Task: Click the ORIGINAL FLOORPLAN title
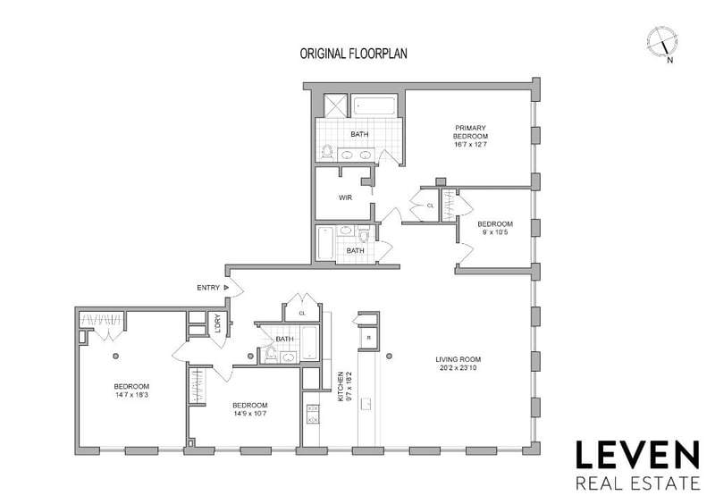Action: [x=353, y=54]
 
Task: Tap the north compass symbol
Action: [x=662, y=44]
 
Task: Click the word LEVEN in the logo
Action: [x=637, y=455]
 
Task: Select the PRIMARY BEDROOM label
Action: [x=470, y=132]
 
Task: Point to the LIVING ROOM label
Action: [x=458, y=359]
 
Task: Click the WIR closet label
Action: [x=345, y=198]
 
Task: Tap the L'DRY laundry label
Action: [x=217, y=323]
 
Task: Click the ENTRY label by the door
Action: [x=208, y=288]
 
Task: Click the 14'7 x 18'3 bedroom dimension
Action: [x=131, y=395]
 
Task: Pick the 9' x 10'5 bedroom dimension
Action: [x=495, y=232]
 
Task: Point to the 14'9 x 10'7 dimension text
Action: [x=250, y=414]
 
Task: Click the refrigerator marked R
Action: [x=368, y=338]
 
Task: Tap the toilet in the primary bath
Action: [x=326, y=152]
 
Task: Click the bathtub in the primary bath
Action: [x=375, y=105]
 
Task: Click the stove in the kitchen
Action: [x=314, y=413]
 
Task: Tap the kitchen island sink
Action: [x=366, y=404]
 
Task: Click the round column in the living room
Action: [x=389, y=356]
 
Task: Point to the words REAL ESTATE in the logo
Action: [x=637, y=483]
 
